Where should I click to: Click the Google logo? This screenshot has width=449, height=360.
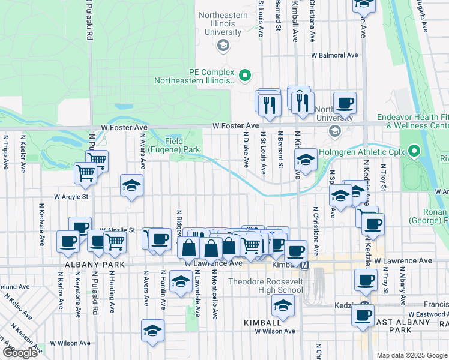tap(20, 352)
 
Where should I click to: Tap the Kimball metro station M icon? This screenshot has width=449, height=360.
tap(304, 265)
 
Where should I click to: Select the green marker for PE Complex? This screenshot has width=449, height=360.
tap(244, 76)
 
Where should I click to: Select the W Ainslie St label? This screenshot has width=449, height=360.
tap(118, 229)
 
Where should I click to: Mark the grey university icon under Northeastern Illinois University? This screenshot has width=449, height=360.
tap(223, 45)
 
